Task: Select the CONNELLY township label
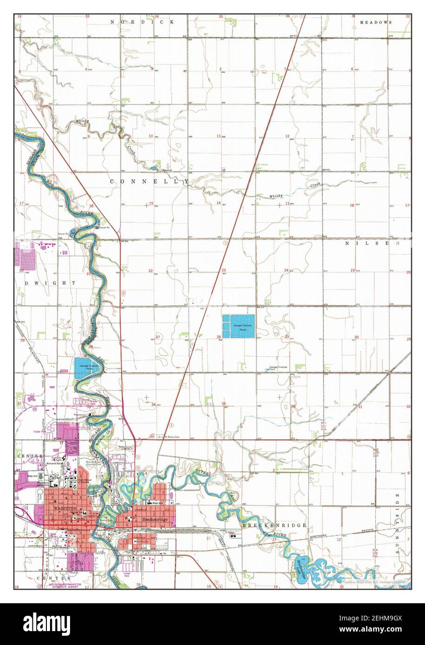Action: [149, 182]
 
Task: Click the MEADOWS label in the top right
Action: [376, 22]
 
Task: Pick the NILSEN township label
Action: [372, 243]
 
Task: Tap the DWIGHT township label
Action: [46, 283]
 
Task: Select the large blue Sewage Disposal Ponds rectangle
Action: [238, 326]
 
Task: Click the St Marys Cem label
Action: [170, 437]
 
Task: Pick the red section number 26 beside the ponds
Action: [219, 337]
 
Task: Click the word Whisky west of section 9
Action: [82, 121]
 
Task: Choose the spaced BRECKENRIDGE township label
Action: [274, 525]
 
